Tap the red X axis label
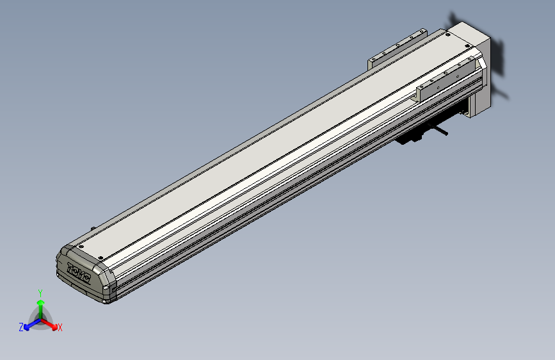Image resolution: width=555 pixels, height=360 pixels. coord(60,327)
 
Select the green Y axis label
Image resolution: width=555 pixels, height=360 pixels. coord(40,292)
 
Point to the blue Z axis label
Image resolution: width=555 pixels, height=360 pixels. coord(21,327)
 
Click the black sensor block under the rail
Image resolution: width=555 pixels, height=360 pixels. coord(410,138)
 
